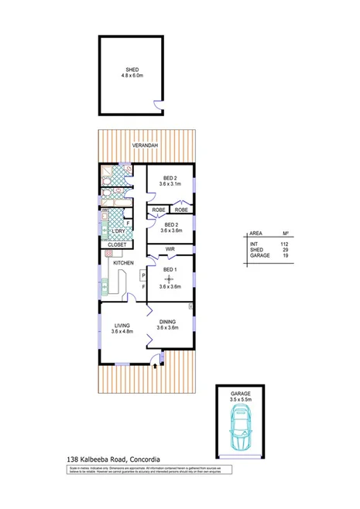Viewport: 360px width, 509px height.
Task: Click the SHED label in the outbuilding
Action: tap(133, 70)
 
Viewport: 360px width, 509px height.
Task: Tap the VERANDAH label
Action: tap(145, 145)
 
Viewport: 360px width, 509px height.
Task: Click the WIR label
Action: tap(169, 250)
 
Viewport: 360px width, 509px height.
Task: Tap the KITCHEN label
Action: tap(124, 264)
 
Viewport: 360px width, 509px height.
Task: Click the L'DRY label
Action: tap(120, 231)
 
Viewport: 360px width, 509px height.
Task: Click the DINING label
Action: tap(168, 322)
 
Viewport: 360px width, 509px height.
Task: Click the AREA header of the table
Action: tap(255, 233)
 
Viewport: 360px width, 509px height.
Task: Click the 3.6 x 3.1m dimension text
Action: tap(169, 184)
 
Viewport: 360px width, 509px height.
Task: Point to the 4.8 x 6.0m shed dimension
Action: tap(133, 76)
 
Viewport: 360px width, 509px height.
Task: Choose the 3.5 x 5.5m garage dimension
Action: tap(241, 401)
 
